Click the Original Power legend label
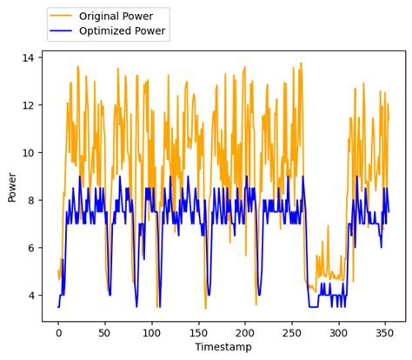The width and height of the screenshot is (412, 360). [116, 17]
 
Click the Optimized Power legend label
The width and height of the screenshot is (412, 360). [122, 32]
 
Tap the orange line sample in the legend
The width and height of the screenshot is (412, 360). [63, 17]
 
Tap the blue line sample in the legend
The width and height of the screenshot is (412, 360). [63, 32]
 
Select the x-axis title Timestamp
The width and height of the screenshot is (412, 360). [223, 347]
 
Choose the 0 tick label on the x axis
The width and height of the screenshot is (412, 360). [58, 331]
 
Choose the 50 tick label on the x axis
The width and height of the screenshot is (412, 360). [105, 331]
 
